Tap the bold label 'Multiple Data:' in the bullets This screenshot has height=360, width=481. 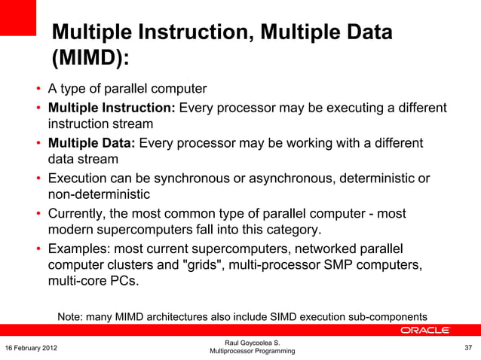point(92,143)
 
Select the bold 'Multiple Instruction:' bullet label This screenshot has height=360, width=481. point(112,108)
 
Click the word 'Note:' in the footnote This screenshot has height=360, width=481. point(72,316)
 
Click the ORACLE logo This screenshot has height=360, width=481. point(424,331)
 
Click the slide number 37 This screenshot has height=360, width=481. point(467,347)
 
